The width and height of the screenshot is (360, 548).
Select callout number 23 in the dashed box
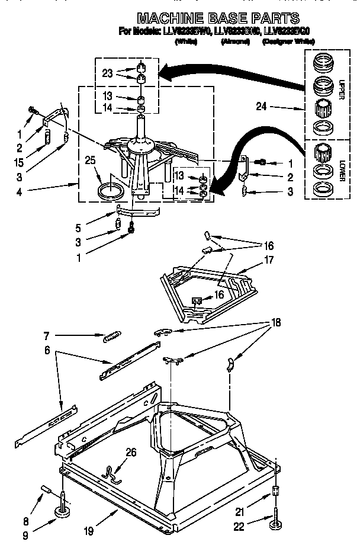(107, 74)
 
